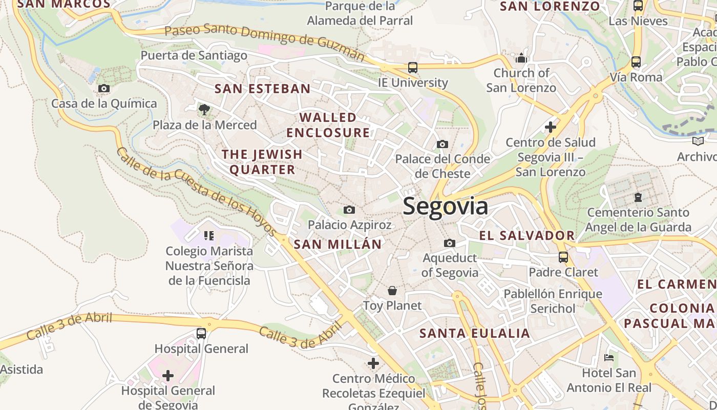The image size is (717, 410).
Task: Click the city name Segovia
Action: pyautogui.click(x=445, y=207)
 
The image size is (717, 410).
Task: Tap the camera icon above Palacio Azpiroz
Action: pyautogui.click(x=349, y=210)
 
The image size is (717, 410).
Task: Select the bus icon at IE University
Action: pyautogui.click(x=413, y=68)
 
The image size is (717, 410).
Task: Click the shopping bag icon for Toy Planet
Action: pyautogui.click(x=392, y=291)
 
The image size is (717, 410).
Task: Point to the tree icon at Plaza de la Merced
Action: pyautogui.click(x=204, y=109)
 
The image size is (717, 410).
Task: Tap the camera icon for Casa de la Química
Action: pyautogui.click(x=104, y=89)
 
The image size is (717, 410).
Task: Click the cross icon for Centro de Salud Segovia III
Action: pyautogui.click(x=551, y=127)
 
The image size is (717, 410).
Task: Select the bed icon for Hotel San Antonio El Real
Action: pyautogui.click(x=609, y=358)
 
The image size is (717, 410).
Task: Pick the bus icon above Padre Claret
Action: pyautogui.click(x=563, y=257)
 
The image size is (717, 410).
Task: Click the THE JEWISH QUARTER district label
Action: pyautogui.click(x=262, y=161)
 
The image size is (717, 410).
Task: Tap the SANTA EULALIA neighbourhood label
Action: pyautogui.click(x=474, y=334)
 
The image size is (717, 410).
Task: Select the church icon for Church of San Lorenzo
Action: pyautogui.click(x=521, y=58)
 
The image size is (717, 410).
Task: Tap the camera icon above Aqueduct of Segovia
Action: pyautogui.click(x=450, y=243)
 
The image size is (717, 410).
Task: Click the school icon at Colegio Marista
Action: pyautogui.click(x=208, y=236)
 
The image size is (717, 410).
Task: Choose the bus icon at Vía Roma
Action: pyautogui.click(x=636, y=62)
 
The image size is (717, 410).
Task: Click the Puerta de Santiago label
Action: pyautogui.click(x=194, y=55)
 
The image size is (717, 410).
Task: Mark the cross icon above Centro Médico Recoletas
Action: pyautogui.click(x=373, y=364)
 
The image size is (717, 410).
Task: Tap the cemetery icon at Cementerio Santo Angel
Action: pyautogui.click(x=638, y=197)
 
